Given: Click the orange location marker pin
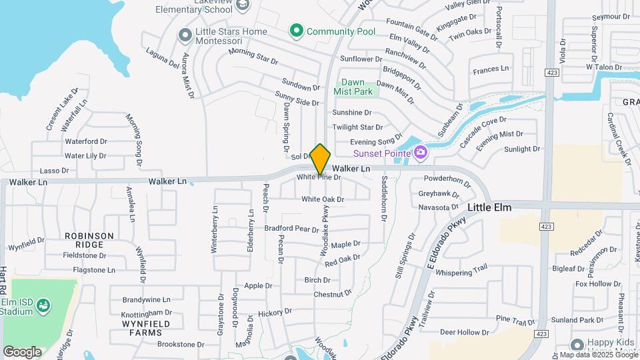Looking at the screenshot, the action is pos(321,159).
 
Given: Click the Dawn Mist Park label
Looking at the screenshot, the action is pos(353,87).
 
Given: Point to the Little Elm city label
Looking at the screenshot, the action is pos(489,207).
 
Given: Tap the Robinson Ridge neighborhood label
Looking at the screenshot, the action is pos(89,240).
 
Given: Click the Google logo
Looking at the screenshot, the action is pos(22,352).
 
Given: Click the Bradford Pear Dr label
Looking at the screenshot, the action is pos(292,229).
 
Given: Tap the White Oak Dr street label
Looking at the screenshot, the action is pos(323,199).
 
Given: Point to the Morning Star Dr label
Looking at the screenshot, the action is pos(253,57).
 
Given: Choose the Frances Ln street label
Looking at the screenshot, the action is pos(490,69).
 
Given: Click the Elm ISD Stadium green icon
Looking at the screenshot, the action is pos(44,305).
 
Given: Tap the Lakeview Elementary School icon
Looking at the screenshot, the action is pos(243,5).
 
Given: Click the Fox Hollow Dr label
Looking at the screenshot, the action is pos(598,284).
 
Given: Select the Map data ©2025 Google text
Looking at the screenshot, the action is pos(603,355).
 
